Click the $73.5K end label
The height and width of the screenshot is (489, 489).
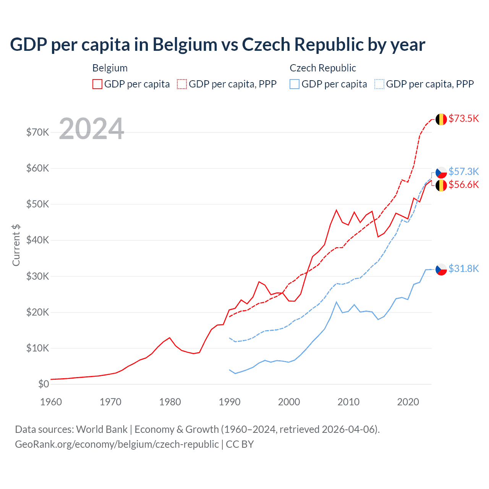coord(463,118)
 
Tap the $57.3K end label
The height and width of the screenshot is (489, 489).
coord(463,172)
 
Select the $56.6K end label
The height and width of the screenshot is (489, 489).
coord(463,185)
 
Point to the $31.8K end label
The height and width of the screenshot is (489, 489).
coord(463,269)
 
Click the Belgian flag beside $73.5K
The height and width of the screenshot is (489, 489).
coord(441,119)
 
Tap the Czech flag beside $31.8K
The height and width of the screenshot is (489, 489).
coord(441,269)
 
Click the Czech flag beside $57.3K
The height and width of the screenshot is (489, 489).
coord(441,172)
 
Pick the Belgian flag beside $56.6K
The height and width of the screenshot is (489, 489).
coord(441,186)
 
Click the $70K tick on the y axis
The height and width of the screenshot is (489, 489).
coord(37,133)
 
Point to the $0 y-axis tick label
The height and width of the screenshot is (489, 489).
coord(44,384)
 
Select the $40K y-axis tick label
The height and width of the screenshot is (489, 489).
coord(37,240)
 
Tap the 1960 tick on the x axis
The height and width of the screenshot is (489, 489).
coord(51,402)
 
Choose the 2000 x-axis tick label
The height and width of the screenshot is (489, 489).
coord(289,402)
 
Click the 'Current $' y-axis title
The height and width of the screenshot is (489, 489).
coord(16,245)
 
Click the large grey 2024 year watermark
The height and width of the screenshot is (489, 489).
coord(92,129)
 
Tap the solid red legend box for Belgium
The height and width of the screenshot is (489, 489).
coord(97,84)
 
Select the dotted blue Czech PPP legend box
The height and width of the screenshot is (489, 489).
coord(379,84)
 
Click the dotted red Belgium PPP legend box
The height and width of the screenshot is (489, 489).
coord(182,84)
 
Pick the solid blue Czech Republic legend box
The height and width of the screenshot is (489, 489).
coord(295,84)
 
